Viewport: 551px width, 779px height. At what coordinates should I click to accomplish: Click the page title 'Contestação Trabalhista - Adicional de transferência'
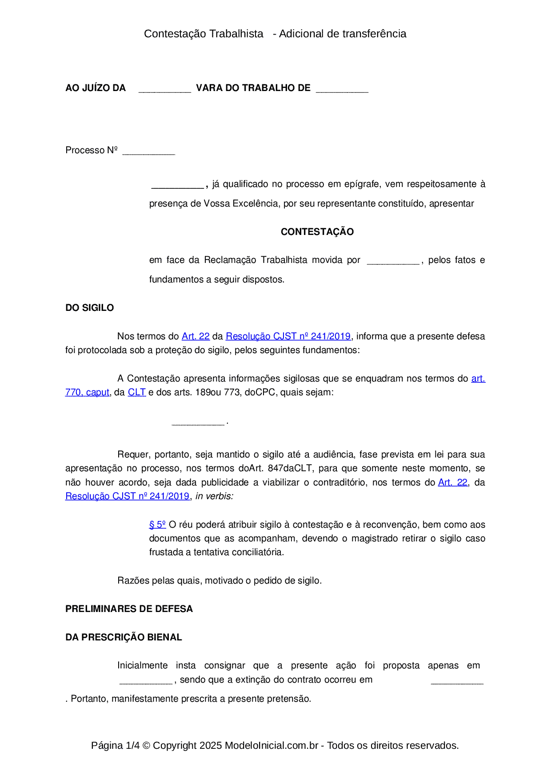(x=275, y=34)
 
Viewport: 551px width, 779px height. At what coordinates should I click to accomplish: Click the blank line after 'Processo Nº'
(x=148, y=151)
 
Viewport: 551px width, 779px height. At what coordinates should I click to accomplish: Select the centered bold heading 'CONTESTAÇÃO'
(x=317, y=232)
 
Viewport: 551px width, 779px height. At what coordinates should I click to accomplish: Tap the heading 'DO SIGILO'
(x=90, y=308)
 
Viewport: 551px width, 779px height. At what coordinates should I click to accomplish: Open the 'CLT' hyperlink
(x=137, y=393)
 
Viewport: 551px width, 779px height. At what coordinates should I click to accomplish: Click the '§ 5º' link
(x=157, y=525)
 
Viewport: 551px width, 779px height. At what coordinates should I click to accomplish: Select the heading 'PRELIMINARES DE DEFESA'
(x=129, y=609)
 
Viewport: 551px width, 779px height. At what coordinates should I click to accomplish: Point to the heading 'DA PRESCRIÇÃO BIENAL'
(x=124, y=637)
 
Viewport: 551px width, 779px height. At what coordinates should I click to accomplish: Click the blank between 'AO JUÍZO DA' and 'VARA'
(x=164, y=89)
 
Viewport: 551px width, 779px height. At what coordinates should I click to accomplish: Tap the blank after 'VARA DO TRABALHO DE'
(x=342, y=89)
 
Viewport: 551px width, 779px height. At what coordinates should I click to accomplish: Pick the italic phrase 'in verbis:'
(x=214, y=497)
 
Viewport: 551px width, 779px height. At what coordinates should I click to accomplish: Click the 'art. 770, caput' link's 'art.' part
(x=478, y=379)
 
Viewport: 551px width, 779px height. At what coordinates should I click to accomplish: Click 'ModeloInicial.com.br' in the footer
(x=271, y=746)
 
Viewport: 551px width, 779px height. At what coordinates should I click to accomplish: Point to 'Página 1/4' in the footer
(x=115, y=746)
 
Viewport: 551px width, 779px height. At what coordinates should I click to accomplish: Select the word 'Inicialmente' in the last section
(x=142, y=666)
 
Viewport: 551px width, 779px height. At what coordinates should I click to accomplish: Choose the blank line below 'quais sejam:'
(x=198, y=422)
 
